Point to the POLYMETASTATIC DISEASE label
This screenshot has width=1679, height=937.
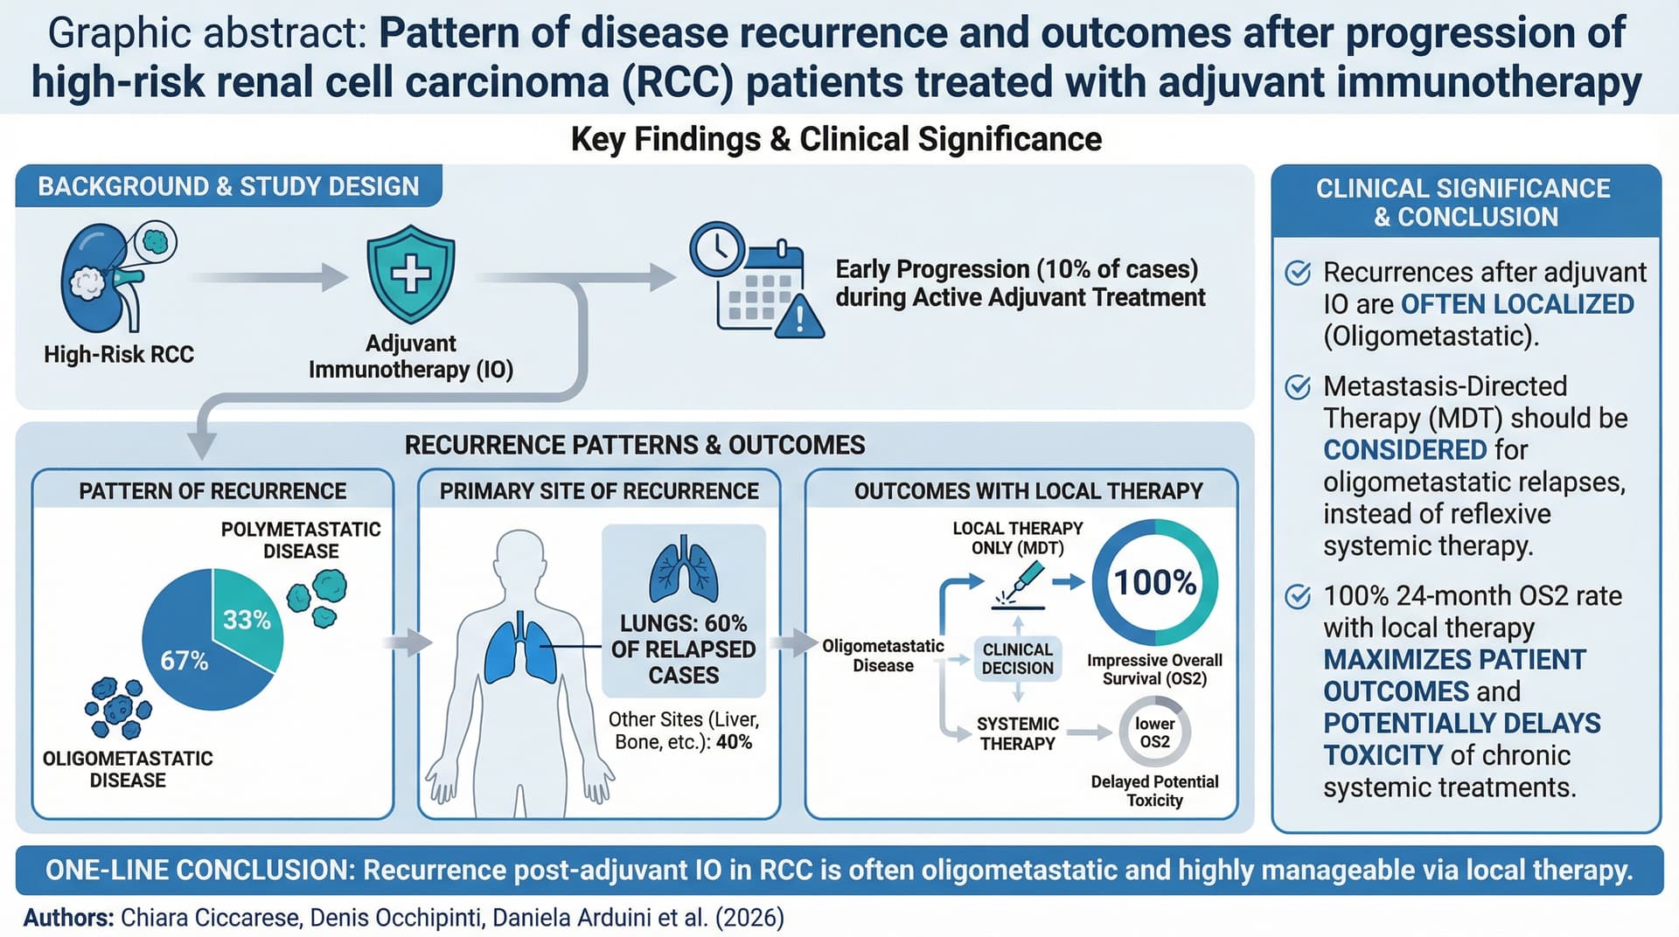[x=301, y=540]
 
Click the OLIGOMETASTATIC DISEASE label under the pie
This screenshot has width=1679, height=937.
[x=128, y=769]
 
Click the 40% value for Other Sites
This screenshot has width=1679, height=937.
[x=734, y=742]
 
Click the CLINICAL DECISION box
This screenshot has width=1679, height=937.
[x=1018, y=659]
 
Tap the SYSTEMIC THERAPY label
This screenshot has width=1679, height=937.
[x=1018, y=734]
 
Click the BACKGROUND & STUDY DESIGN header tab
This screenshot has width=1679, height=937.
[x=228, y=186]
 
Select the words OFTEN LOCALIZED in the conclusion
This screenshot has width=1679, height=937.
[x=1517, y=304]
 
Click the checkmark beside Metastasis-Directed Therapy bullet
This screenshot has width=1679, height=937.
[x=1298, y=386]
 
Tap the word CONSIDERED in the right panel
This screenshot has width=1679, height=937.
[x=1404, y=450]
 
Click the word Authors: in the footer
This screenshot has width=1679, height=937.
[x=69, y=918]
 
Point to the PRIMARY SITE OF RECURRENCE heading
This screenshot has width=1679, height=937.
[x=599, y=491]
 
